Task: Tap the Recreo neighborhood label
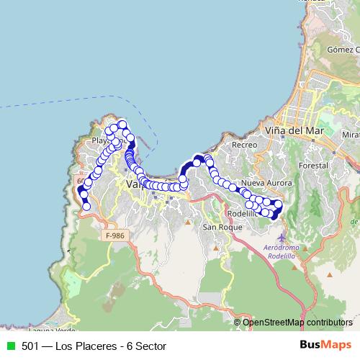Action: coord(245,145)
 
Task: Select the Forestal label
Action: coord(312,165)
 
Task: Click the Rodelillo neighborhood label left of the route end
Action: coord(240,214)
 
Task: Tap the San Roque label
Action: coord(218,228)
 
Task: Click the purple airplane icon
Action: coord(281,237)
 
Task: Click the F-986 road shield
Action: coord(114,235)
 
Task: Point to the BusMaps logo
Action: coord(326,346)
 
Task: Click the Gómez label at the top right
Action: coord(342,50)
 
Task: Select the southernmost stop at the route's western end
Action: coord(86,207)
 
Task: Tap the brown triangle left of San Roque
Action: coord(188,221)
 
